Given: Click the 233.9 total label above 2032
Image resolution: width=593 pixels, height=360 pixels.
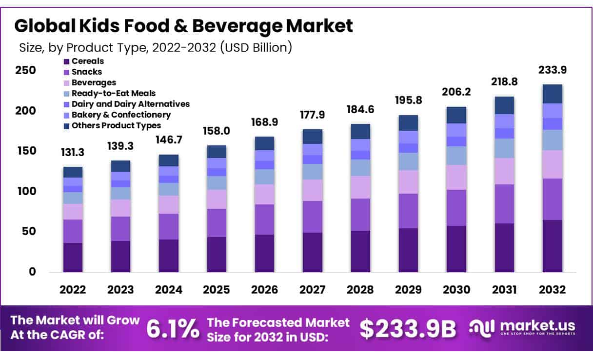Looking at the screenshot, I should click(x=552, y=70).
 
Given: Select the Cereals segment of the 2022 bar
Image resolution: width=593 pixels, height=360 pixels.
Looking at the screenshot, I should click(x=73, y=257).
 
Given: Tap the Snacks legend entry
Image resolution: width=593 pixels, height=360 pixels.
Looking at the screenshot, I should click(x=86, y=72).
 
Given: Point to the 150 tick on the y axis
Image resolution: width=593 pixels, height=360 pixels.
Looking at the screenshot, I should click(x=26, y=151).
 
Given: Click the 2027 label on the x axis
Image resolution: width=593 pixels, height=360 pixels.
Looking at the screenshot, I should click(x=312, y=290).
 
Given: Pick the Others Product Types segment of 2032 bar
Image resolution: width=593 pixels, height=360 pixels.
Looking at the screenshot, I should click(x=552, y=94).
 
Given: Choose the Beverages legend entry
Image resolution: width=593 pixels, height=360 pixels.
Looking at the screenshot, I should click(x=94, y=82).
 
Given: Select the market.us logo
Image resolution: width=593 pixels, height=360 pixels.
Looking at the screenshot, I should click(x=522, y=327).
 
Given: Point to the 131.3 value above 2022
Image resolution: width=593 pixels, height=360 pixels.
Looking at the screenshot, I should click(x=73, y=153).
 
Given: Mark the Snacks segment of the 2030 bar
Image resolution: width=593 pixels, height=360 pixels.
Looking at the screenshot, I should click(x=456, y=208).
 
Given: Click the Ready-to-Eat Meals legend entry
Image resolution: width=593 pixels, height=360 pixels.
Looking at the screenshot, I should click(x=113, y=93).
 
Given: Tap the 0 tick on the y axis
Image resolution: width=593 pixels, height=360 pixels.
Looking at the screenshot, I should click(x=32, y=272).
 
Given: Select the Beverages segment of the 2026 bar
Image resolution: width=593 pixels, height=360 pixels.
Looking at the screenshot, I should click(x=264, y=194).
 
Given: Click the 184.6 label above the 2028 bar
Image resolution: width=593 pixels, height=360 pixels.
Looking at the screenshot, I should click(x=360, y=110).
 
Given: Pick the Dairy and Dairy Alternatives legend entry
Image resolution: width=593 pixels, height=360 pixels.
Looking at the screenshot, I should click(x=130, y=104).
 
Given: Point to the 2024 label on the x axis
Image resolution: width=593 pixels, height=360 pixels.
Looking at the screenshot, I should click(x=168, y=290).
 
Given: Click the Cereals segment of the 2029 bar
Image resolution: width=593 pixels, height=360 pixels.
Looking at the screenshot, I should click(x=408, y=250).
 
